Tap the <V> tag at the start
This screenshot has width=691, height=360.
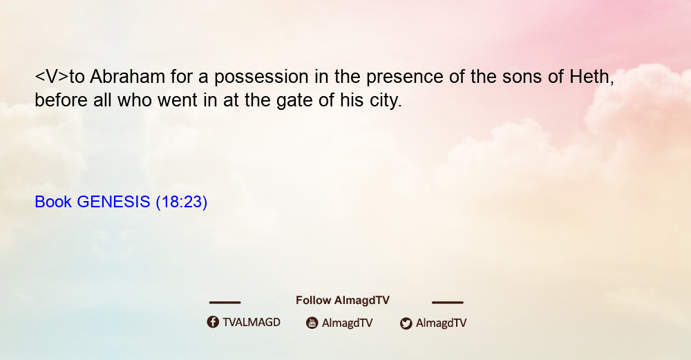point(52,77)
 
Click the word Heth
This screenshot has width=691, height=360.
point(591,77)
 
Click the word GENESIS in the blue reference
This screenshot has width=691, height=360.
point(114,202)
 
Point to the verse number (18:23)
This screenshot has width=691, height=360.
point(182,202)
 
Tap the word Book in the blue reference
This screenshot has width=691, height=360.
point(53,202)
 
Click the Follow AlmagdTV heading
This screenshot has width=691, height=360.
point(343,301)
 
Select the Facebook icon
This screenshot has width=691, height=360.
point(213,322)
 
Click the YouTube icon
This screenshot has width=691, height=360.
point(312,323)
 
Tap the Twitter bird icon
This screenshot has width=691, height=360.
point(406,323)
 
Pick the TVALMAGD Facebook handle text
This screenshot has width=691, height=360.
point(252,323)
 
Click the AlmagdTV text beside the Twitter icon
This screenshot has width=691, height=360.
point(441,323)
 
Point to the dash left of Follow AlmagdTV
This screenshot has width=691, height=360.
point(225,302)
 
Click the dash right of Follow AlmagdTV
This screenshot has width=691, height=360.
point(448,302)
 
